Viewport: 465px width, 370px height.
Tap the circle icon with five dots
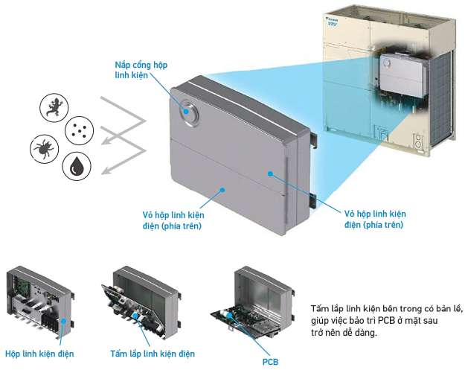click(x=79, y=131)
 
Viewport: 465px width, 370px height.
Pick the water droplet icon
click(x=77, y=167)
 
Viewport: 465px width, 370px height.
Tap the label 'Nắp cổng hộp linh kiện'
click(x=141, y=71)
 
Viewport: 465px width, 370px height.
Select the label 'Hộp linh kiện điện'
click(x=39, y=353)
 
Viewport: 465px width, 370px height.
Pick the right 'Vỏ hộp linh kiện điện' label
click(x=376, y=219)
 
